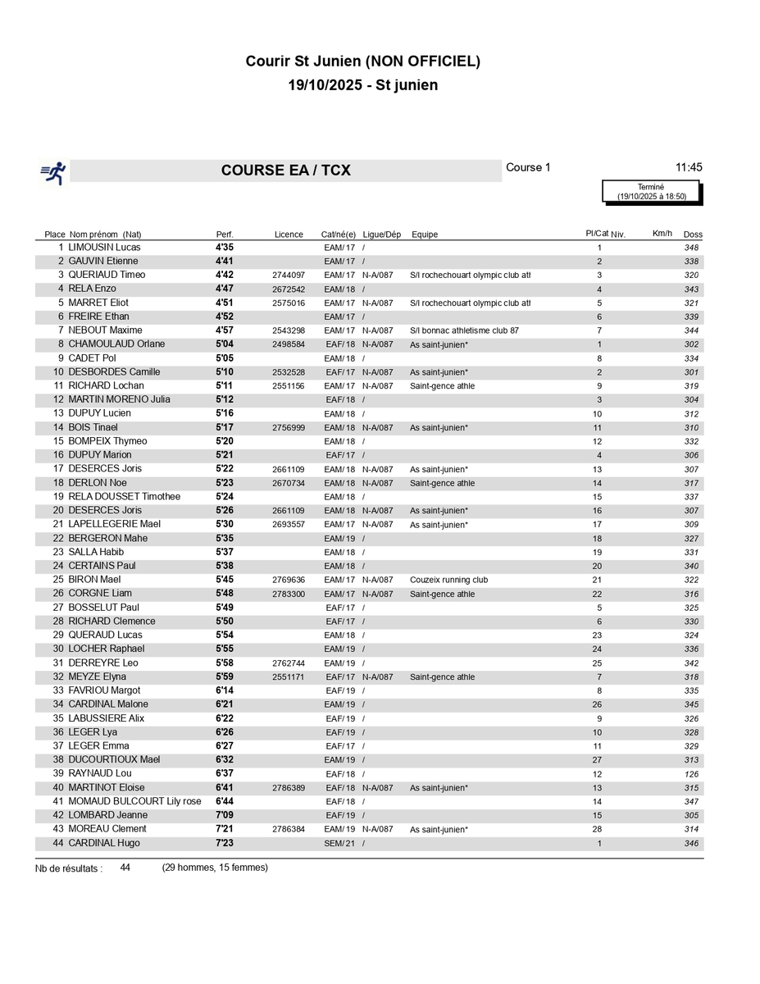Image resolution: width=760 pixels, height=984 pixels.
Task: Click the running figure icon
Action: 53,171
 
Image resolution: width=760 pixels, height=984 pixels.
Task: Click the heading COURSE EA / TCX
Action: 285,171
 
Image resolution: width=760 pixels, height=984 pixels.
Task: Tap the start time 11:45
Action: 688,167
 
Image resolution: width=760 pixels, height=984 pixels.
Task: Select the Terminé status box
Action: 652,192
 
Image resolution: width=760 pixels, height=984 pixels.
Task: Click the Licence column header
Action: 289,235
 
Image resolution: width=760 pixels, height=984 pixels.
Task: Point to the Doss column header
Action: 693,235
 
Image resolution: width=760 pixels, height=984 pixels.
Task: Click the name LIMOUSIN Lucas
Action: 104,247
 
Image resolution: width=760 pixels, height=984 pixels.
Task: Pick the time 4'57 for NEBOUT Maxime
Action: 225,330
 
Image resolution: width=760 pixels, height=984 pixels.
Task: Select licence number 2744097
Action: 289,275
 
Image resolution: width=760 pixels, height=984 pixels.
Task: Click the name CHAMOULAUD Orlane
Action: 116,344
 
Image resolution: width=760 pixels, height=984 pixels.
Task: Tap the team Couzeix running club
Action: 448,580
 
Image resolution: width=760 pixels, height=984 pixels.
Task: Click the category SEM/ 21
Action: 339,843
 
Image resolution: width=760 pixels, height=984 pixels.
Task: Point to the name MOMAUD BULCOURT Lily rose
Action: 134,801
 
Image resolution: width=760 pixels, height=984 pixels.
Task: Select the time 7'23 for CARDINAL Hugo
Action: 225,843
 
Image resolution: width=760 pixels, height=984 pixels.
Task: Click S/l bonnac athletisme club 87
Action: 464,330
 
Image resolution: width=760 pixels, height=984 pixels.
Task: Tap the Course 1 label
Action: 528,167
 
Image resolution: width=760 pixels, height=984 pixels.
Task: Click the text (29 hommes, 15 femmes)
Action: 215,868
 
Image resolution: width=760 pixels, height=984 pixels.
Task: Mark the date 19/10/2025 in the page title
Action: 327,85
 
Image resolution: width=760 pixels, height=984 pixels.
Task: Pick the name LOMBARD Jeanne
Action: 108,815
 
